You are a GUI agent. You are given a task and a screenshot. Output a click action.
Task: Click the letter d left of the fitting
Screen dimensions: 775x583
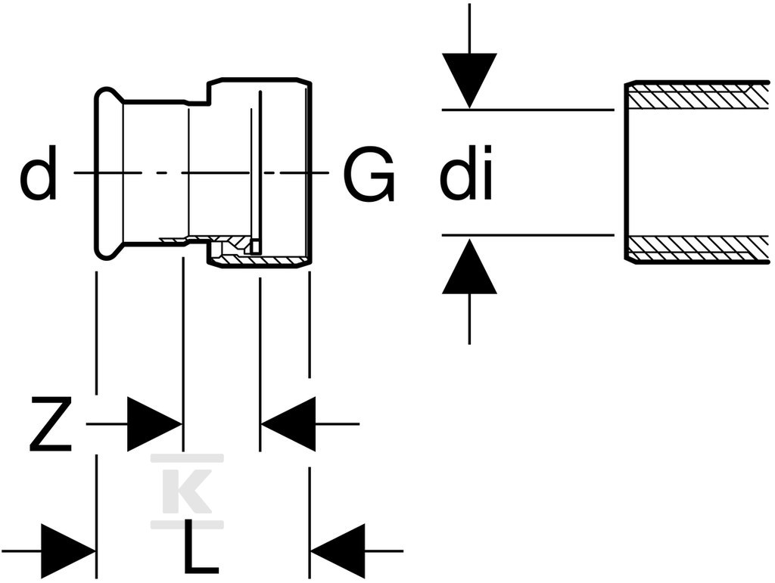point(38,172)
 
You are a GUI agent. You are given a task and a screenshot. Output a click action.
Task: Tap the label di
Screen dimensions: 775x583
point(466,172)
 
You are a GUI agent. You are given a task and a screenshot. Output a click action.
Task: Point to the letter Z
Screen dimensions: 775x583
point(51,423)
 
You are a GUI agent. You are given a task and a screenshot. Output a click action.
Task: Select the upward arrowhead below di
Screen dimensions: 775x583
point(469,267)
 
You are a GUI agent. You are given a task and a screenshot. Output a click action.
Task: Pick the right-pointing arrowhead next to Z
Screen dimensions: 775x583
point(154,423)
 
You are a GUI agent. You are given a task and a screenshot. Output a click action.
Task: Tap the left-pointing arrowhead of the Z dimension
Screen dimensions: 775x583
point(288,423)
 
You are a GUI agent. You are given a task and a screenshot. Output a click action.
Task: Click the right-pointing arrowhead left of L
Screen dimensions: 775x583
point(69,551)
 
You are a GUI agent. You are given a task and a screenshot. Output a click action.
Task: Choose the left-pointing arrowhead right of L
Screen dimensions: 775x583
point(338,551)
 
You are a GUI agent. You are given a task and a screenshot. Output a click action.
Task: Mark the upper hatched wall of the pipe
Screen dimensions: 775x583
point(697,94)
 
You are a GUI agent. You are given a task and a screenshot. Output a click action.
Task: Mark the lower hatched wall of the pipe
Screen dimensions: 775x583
point(697,250)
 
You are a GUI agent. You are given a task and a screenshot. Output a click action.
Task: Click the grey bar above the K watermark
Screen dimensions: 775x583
point(188,458)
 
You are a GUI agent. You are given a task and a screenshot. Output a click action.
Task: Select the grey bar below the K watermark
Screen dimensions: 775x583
point(188,524)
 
